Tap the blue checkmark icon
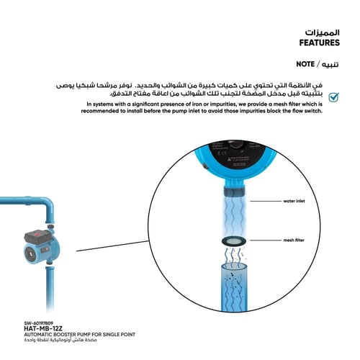[333, 97]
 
